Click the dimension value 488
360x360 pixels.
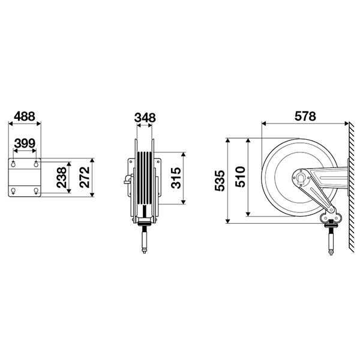25,116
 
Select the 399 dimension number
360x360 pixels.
25,143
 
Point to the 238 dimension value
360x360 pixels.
62,177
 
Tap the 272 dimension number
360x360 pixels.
85,177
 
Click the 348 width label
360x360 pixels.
145,118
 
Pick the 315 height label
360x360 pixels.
176,178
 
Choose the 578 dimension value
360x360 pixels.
305,116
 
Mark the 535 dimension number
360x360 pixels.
220,181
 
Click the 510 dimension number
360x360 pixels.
240,177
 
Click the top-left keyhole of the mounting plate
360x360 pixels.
13,164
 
